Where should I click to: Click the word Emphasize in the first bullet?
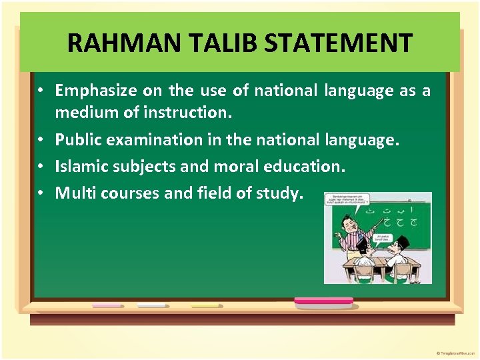(x=93, y=91)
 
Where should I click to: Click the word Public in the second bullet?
(x=75, y=140)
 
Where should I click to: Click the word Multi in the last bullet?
(x=71, y=193)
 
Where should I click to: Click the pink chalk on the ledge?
(x=107, y=305)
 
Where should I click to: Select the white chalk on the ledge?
(x=152, y=305)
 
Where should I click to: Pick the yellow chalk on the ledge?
(x=205, y=305)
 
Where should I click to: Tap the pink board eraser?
(x=323, y=302)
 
